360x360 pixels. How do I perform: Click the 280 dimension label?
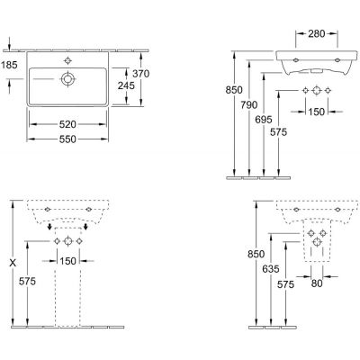pos(317,34)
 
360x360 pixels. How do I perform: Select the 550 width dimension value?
pos(67,139)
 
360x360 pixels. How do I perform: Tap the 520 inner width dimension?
pos(67,124)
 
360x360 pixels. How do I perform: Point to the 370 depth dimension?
pos(141,74)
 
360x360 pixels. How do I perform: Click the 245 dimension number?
pos(126,85)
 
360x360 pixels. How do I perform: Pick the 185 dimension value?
pos(9,65)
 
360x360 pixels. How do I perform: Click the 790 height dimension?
pos(249,105)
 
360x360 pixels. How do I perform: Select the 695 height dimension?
pos(264,120)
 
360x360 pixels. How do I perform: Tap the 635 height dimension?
pos(271,269)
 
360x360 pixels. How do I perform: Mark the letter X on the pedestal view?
pos(13,264)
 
